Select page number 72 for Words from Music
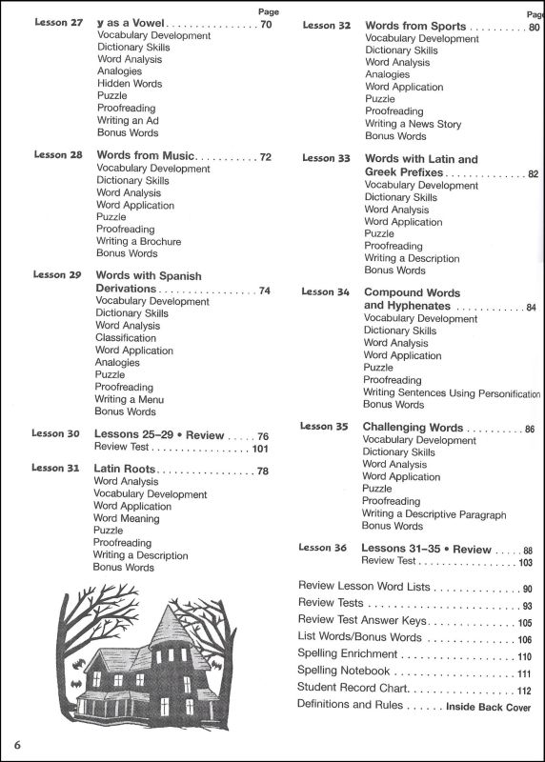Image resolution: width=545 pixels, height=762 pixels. (x=265, y=156)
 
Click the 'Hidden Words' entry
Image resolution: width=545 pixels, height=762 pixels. (x=130, y=84)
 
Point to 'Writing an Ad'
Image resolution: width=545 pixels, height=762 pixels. (x=132, y=121)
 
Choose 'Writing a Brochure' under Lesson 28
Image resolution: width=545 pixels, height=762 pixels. (x=138, y=242)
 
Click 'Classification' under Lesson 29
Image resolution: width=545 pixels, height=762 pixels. (x=126, y=337)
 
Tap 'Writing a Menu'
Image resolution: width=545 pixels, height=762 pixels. (x=130, y=399)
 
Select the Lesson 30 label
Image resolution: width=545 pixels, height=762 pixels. (x=55, y=433)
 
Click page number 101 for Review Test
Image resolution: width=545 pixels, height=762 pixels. (x=260, y=447)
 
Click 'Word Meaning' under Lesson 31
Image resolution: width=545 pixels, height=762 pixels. (x=126, y=518)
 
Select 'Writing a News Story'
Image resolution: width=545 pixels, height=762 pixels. (x=413, y=124)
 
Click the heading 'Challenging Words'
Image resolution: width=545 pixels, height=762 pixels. (x=413, y=428)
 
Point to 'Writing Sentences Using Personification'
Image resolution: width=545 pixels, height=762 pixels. (x=452, y=392)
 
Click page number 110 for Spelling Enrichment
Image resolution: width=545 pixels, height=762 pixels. (x=524, y=657)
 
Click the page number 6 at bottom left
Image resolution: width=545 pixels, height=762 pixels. (x=17, y=742)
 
